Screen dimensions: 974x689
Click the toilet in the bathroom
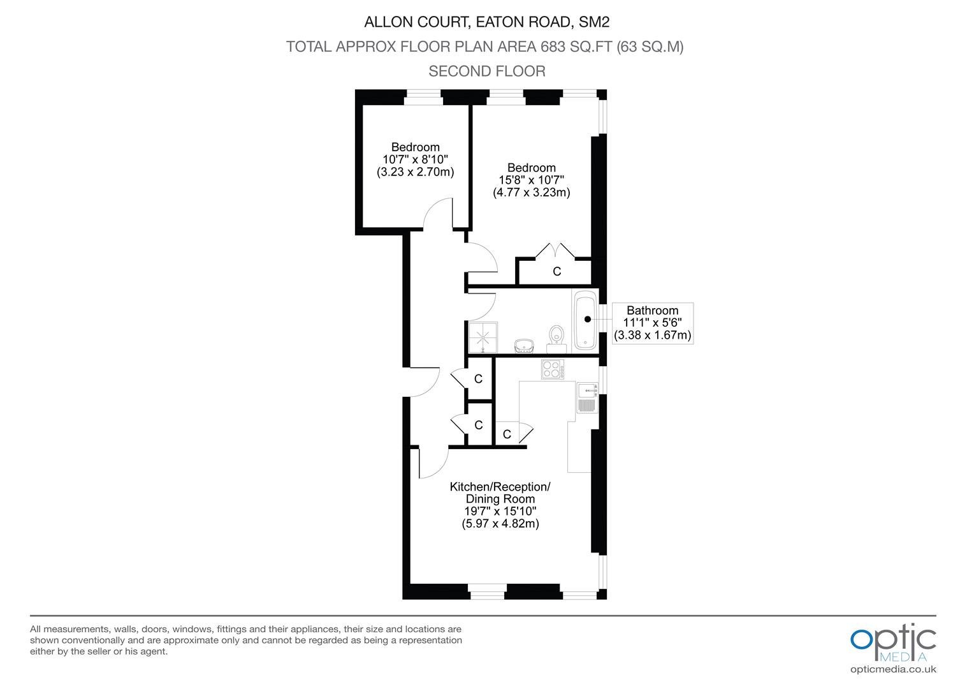coord(556,340)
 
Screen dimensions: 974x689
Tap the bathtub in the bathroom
coord(585,320)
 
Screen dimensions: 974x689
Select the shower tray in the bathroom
coord(483,337)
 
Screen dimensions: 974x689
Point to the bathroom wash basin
coord(524,346)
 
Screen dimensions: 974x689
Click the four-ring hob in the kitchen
coord(553,369)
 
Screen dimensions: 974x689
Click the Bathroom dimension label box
coord(652,323)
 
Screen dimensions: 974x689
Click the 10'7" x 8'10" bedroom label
coord(415,159)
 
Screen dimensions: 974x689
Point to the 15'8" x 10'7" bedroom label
coord(532,180)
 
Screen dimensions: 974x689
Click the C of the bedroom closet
coord(556,272)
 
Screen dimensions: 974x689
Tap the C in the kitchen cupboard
coord(507,434)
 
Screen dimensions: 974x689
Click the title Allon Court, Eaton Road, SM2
coord(486,22)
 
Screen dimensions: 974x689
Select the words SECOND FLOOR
coord(486,71)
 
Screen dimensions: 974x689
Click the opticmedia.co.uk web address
coord(893,670)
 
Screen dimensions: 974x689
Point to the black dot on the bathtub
coord(588,319)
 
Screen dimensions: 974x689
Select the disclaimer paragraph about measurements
coord(245,640)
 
